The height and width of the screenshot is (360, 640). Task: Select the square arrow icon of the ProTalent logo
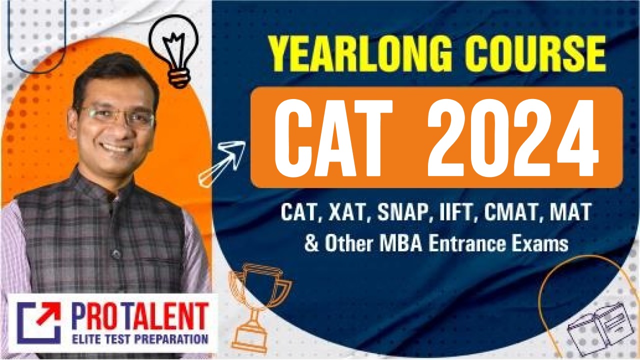39,323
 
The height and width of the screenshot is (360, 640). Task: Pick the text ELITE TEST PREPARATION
139,339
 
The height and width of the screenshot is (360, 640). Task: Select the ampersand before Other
311,244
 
